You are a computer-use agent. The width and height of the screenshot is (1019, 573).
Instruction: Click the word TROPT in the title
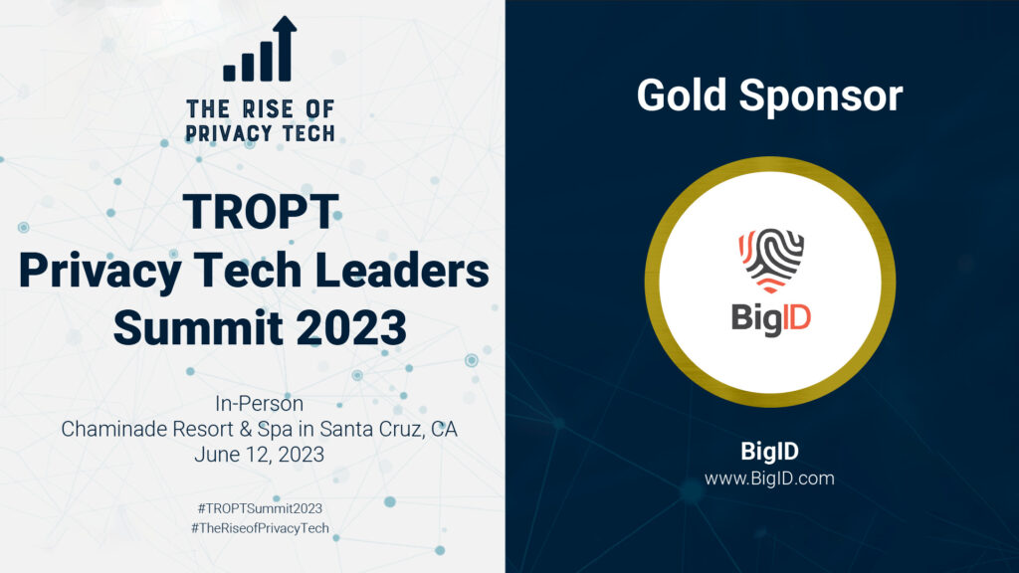pos(260,212)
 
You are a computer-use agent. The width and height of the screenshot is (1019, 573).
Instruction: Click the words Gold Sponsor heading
pos(769,95)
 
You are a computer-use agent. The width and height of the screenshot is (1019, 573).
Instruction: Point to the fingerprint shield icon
pos(771,260)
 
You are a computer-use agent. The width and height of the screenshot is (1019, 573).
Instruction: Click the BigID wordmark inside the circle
pos(771,318)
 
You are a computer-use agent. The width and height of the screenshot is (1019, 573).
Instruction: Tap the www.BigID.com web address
pos(769,478)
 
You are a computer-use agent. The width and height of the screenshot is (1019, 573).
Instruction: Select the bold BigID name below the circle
pos(769,451)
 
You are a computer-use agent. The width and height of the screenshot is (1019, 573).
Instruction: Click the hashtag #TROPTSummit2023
pos(260,508)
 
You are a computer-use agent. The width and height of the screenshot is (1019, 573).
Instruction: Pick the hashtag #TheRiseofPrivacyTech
pos(260,528)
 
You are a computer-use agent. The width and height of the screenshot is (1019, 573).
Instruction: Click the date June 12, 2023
pos(260,454)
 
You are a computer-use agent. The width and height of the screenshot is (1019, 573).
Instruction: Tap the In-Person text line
pos(260,404)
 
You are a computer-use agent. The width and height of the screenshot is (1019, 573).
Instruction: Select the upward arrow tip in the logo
pos(285,17)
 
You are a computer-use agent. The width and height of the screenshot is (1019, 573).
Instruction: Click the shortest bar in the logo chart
pos(230,73)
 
